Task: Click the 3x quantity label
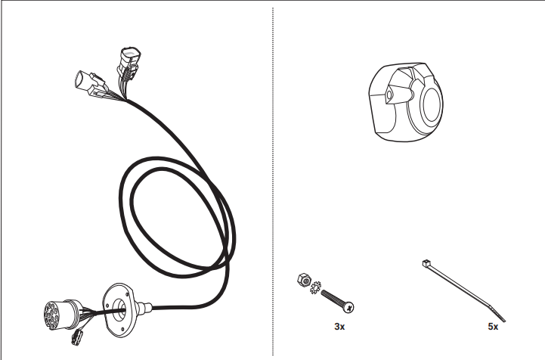pyautogui.click(x=339, y=326)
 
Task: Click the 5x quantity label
pyautogui.click(x=493, y=326)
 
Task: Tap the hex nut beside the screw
pyautogui.click(x=304, y=280)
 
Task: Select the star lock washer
pyautogui.click(x=315, y=287)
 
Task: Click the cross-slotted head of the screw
pyautogui.click(x=348, y=307)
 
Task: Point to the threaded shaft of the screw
pyautogui.click(x=332, y=298)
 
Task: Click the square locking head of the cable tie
pyautogui.click(x=426, y=263)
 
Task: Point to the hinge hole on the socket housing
pyautogui.click(x=389, y=95)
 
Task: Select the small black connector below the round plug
pyautogui.click(x=77, y=337)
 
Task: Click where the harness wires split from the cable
pyautogui.click(x=126, y=101)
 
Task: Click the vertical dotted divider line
pyautogui.click(x=273, y=181)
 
